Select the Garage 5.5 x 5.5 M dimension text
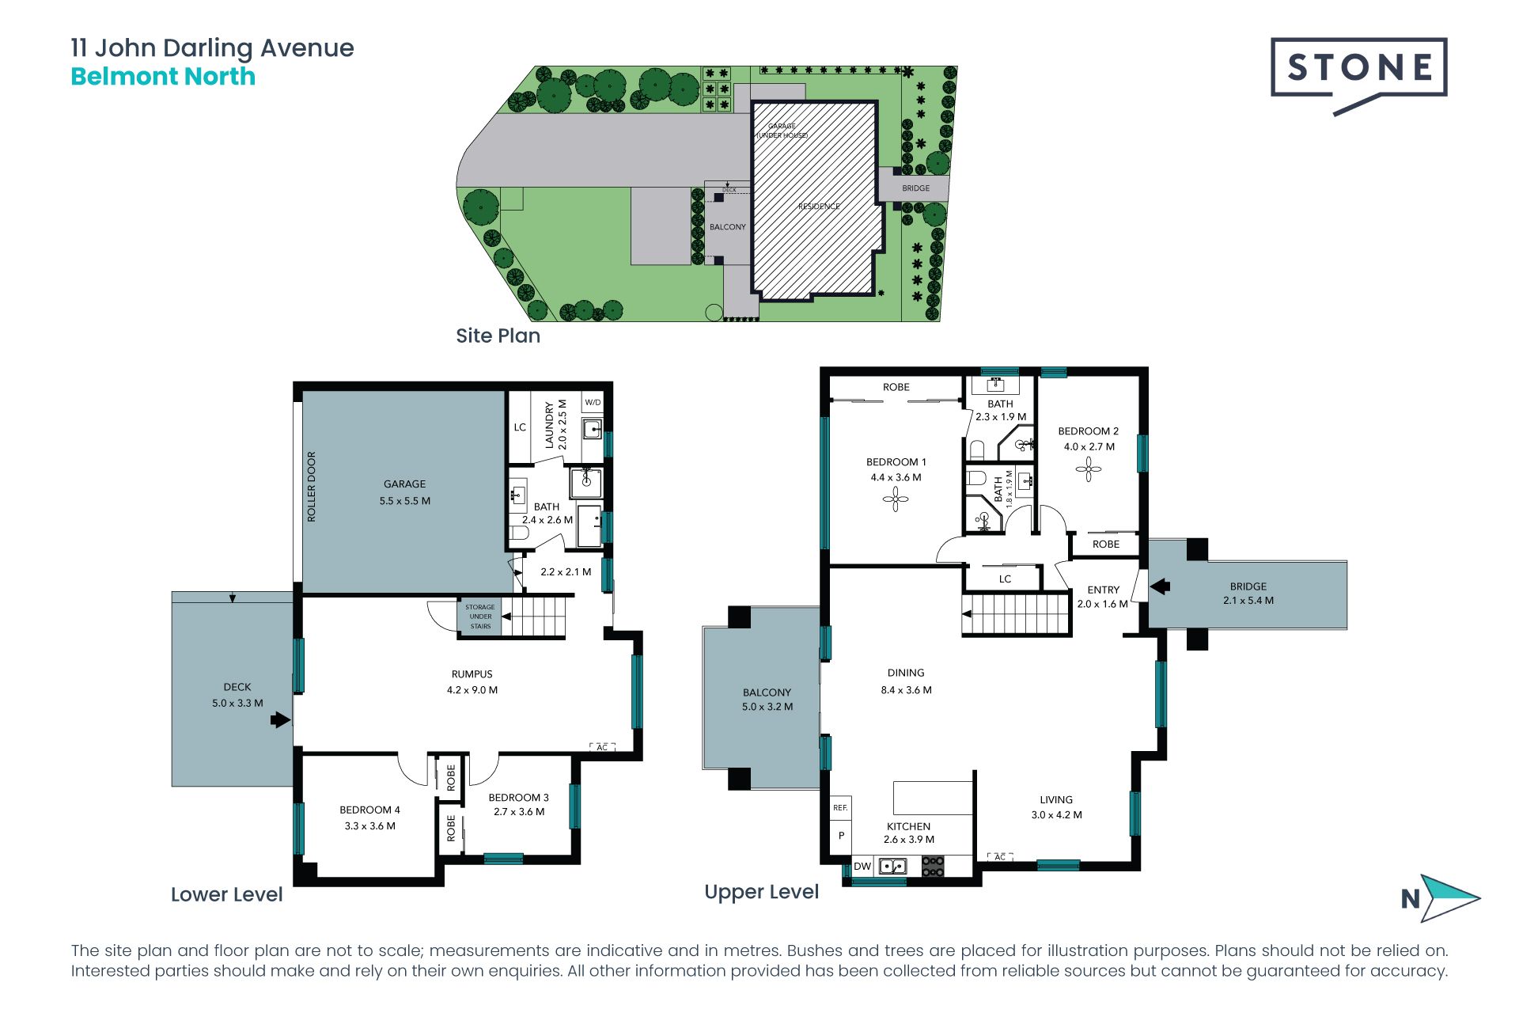[405, 501]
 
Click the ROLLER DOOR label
[311, 487]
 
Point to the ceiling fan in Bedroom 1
[896, 499]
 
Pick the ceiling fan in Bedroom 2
[1089, 469]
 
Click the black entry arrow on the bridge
[1160, 586]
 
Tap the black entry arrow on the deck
[280, 719]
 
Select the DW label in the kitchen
[862, 867]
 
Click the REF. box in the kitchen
[840, 808]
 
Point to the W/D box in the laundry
[593, 403]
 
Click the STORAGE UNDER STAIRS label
[480, 617]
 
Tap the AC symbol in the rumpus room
[602, 747]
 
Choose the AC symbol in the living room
[1000, 857]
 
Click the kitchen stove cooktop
[934, 866]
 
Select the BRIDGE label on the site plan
[916, 188]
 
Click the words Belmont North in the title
[163, 77]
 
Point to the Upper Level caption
[762, 893]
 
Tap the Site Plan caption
[498, 336]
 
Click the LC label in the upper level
[1005, 579]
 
